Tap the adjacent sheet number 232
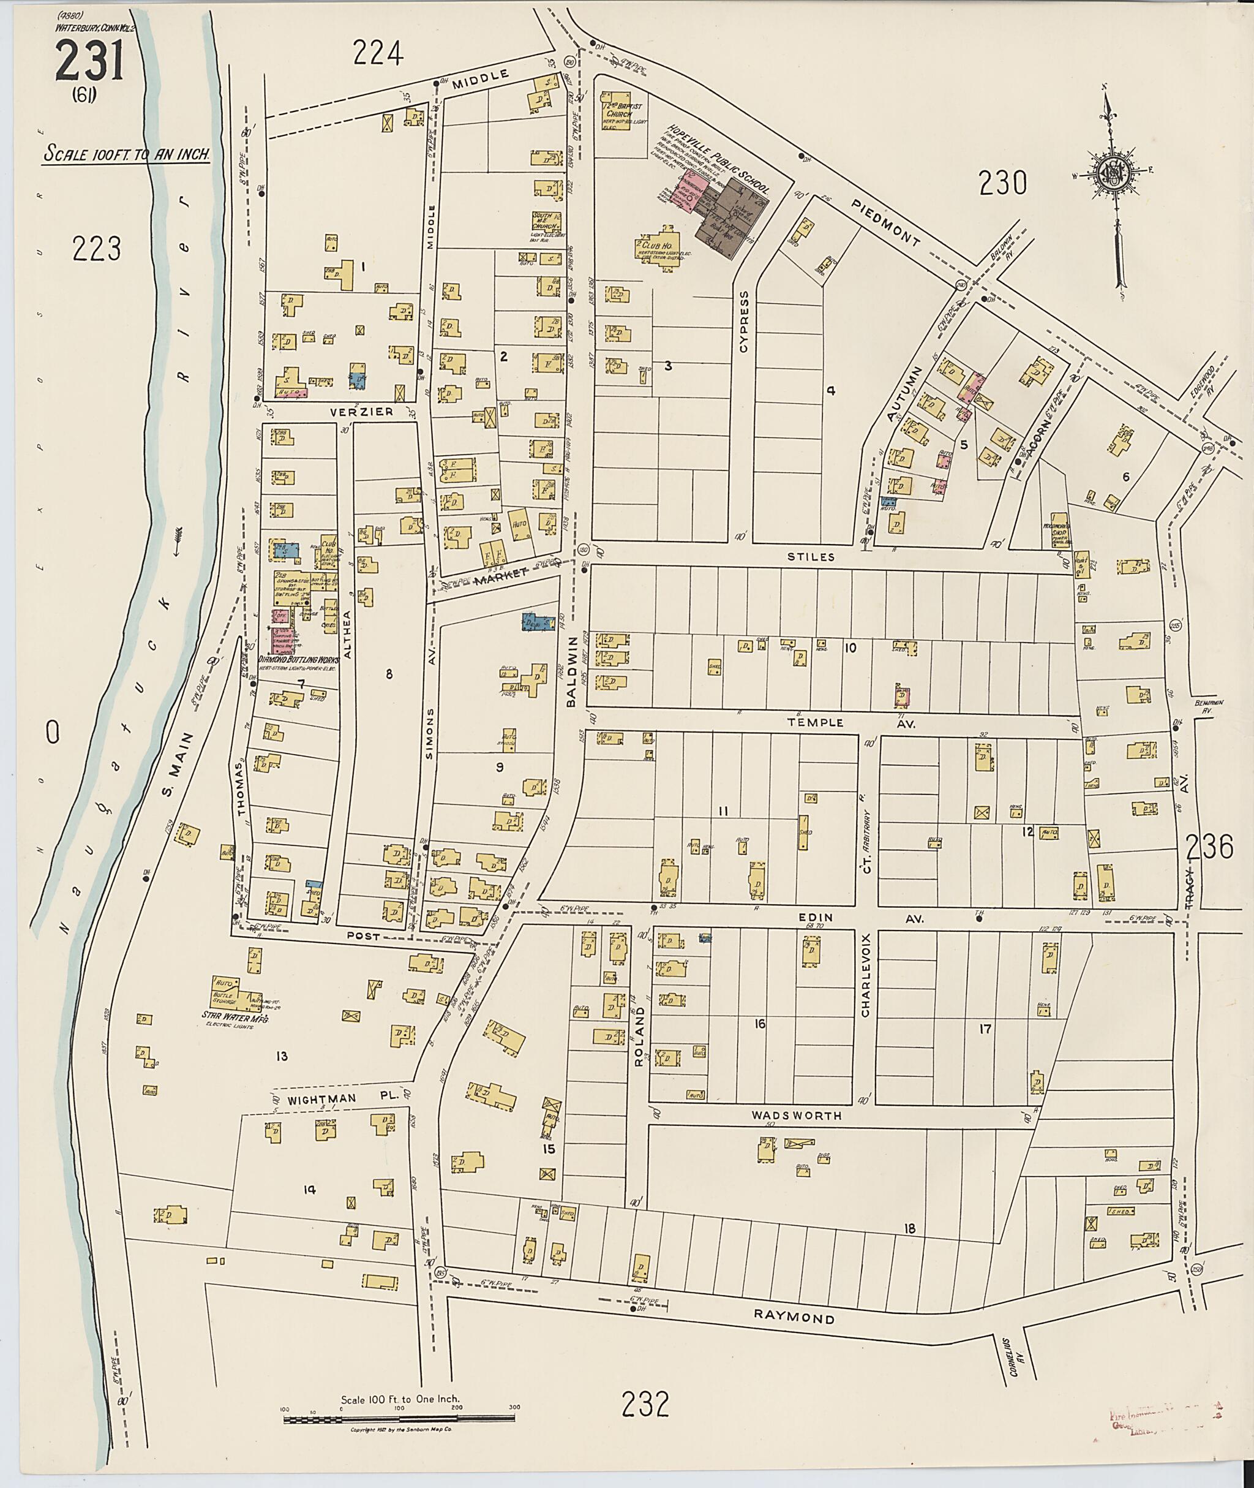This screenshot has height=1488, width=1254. [645, 1403]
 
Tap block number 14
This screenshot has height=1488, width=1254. [309, 1189]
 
